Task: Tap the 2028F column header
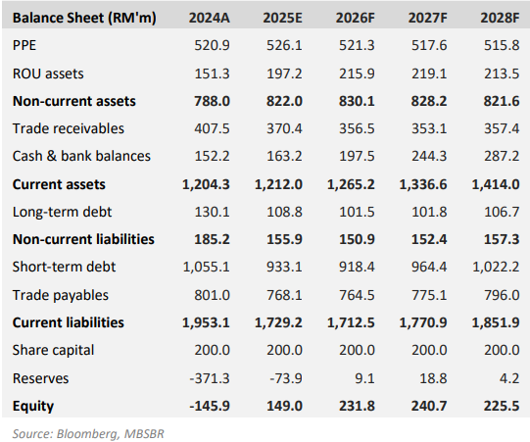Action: pyautogui.click(x=501, y=18)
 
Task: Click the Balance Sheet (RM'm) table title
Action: pyautogui.click(x=75, y=18)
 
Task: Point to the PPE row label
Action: pyautogui.click(x=26, y=46)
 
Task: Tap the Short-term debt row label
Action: pyautogui.click(x=61, y=267)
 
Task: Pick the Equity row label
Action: pyautogui.click(x=33, y=404)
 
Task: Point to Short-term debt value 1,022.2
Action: pyautogui.click(x=498, y=267)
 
